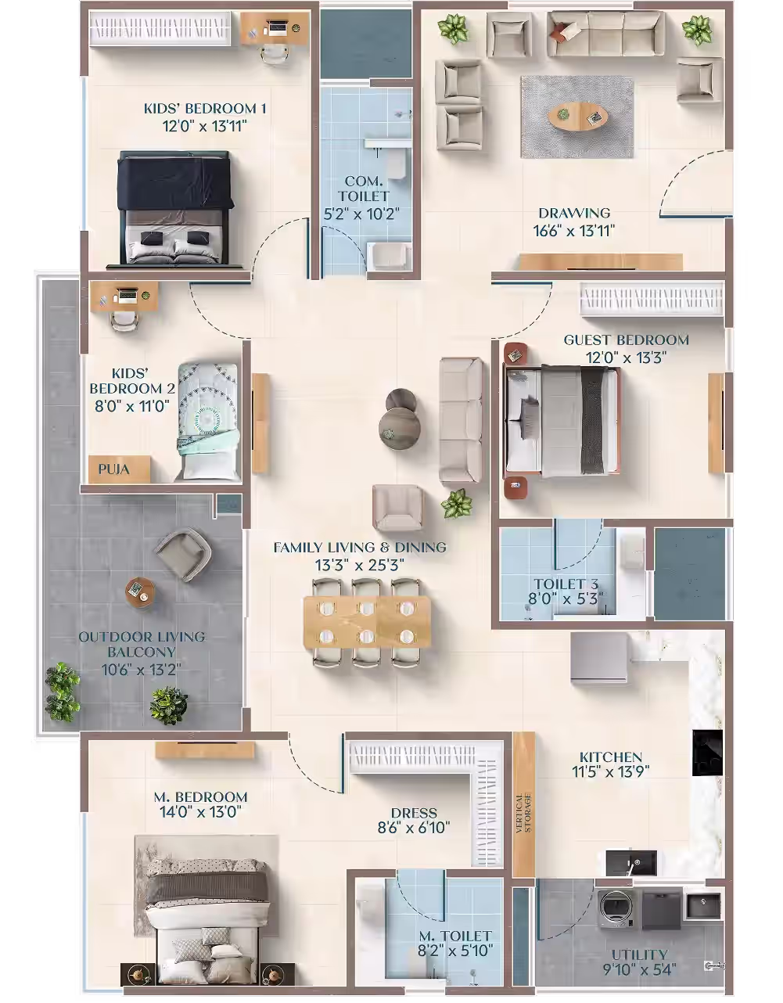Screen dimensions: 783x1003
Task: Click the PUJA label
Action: [x=113, y=469]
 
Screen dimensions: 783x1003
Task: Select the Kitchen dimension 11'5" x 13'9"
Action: [x=611, y=771]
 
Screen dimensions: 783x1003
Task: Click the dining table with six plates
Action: [x=368, y=622]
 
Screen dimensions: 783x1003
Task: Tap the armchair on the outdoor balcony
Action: [x=183, y=553]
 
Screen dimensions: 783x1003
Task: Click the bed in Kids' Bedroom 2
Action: [x=208, y=422]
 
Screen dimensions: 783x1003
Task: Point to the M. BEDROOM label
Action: [x=201, y=796]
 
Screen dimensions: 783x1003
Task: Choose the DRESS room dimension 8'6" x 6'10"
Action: [x=414, y=828]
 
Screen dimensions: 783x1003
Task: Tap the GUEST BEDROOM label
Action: [x=626, y=340]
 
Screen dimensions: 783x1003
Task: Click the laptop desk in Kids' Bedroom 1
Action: [x=275, y=29]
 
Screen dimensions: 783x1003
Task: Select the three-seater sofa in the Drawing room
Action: [x=605, y=34]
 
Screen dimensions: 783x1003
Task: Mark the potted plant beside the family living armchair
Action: [x=457, y=504]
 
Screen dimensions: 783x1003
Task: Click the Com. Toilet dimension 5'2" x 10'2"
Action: [x=361, y=214]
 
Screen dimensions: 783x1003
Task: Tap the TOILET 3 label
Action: [x=566, y=584]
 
